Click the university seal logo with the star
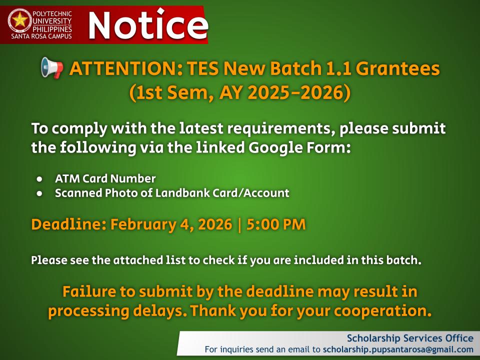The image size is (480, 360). tap(20, 20)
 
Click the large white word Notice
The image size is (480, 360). tap(147, 25)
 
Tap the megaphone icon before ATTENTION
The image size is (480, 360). tap(52, 68)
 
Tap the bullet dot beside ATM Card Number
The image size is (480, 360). tap(39, 178)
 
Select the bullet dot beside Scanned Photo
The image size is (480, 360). tap(39, 193)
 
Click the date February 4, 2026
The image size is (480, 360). tap(171, 224)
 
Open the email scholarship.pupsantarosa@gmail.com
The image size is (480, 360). tap(398, 349)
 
